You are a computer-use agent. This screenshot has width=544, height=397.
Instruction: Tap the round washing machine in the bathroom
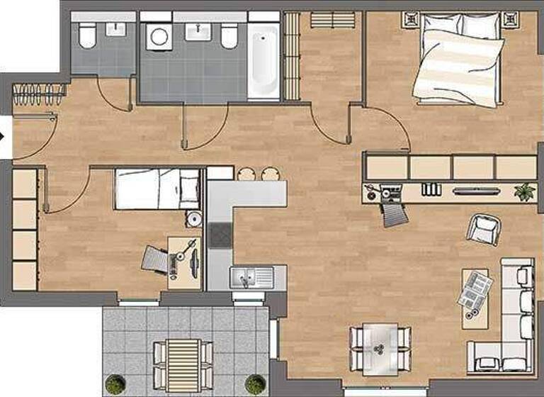(157, 35)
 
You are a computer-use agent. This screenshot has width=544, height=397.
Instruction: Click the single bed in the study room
(157, 188)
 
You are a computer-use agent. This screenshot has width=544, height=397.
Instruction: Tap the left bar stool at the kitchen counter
(246, 174)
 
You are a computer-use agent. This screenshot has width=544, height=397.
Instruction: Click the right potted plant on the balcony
(253, 384)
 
